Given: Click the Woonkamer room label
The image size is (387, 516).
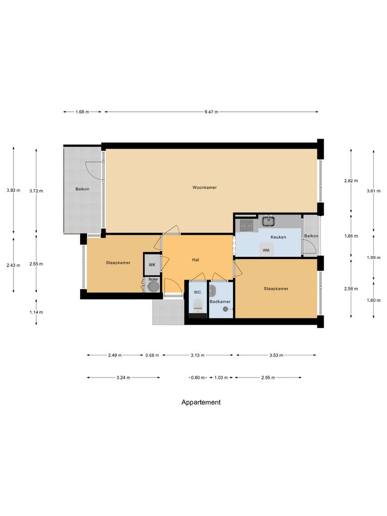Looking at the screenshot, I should (x=205, y=187).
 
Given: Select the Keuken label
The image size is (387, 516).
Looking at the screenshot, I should (x=278, y=236).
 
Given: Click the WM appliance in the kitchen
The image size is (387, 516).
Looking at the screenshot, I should (x=266, y=250).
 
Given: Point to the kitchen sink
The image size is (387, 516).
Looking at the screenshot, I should (x=268, y=220).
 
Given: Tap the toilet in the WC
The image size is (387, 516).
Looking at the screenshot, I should (x=198, y=304).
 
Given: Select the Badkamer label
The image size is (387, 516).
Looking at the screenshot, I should (x=220, y=302).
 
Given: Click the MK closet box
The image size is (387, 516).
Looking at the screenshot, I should (x=152, y=264).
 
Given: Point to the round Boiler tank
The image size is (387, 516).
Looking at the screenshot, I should (x=153, y=286).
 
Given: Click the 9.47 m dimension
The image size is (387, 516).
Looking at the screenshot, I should (x=212, y=112).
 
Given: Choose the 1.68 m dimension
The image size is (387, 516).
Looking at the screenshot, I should (x=82, y=112).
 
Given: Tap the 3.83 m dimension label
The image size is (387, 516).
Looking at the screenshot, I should (x=14, y=190).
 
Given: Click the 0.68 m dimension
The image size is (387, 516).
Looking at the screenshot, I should (x=152, y=355).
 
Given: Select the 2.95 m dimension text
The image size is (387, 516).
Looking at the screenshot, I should (x=268, y=377).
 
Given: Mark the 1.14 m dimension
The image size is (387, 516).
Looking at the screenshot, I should (x=36, y=312).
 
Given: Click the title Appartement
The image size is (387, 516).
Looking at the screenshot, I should (x=201, y=402).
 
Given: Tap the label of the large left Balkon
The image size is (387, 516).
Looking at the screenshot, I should (x=83, y=189).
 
